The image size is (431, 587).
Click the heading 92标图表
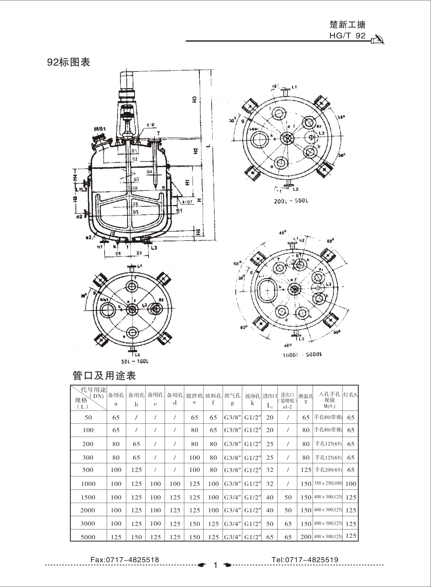tap(69, 62)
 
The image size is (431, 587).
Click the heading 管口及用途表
tap(104, 376)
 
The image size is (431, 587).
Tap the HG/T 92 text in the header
tap(347, 36)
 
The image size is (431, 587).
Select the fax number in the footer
tap(124, 560)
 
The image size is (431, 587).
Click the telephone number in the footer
tap(305, 560)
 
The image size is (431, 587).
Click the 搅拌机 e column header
tap(194, 399)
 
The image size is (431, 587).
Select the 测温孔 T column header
tap(305, 399)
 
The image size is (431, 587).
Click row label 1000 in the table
tap(88, 484)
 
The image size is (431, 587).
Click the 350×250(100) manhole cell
tap(328, 483)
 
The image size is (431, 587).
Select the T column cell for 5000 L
tap(305, 537)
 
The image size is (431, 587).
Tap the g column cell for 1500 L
tap(233, 497)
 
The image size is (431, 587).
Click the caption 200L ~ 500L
tap(291, 201)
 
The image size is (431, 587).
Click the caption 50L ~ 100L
tap(135, 361)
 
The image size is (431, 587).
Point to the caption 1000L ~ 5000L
tap(302, 354)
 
